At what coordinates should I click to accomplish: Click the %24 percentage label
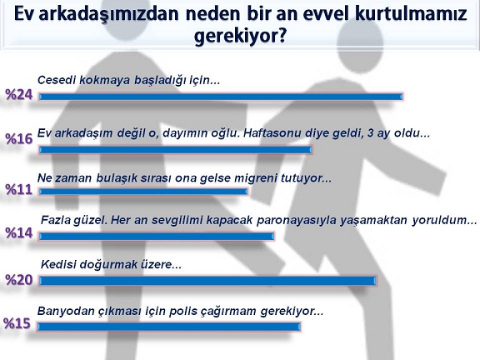coord(19,95)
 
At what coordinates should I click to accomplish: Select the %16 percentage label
coord(19,138)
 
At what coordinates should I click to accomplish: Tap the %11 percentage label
coord(19,189)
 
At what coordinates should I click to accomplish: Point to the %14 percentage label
coord(19,233)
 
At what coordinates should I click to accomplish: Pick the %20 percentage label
coord(19,280)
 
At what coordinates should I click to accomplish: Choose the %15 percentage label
coord(17,323)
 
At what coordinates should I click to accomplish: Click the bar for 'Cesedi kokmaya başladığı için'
coord(221,97)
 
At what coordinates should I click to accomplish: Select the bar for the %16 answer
coord(175,150)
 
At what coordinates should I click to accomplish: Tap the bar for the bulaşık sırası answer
coord(143,192)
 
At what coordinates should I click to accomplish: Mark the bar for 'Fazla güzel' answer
coord(157,236)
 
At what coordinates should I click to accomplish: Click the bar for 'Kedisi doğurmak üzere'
coord(207,281)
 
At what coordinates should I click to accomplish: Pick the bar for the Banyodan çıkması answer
coord(169,327)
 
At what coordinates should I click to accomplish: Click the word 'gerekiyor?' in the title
coord(240,37)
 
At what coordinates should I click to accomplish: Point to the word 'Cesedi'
coord(57,80)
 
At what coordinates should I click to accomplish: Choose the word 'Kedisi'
coord(58,264)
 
